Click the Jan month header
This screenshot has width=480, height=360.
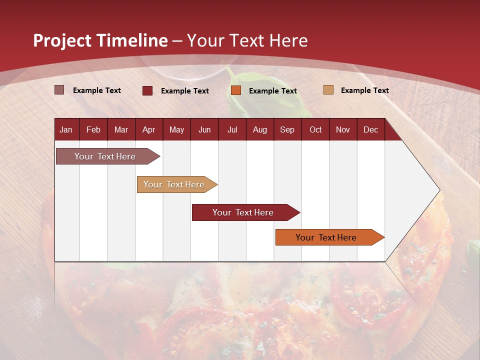click(66, 129)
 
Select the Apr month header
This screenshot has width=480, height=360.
click(148, 129)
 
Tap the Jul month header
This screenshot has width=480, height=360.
click(232, 129)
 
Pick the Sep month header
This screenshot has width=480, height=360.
click(287, 129)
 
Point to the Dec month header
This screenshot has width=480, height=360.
click(370, 129)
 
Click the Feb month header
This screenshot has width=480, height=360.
click(93, 129)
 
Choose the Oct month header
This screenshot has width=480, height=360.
click(315, 129)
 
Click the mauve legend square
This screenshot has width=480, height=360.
click(59, 90)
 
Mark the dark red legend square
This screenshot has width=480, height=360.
click(147, 90)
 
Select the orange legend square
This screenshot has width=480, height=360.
click(236, 90)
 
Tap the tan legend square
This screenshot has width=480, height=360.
click(328, 90)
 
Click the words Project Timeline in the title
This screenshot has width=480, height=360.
click(100, 40)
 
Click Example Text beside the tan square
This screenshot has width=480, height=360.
click(364, 90)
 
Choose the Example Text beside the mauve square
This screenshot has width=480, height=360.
click(96, 90)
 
